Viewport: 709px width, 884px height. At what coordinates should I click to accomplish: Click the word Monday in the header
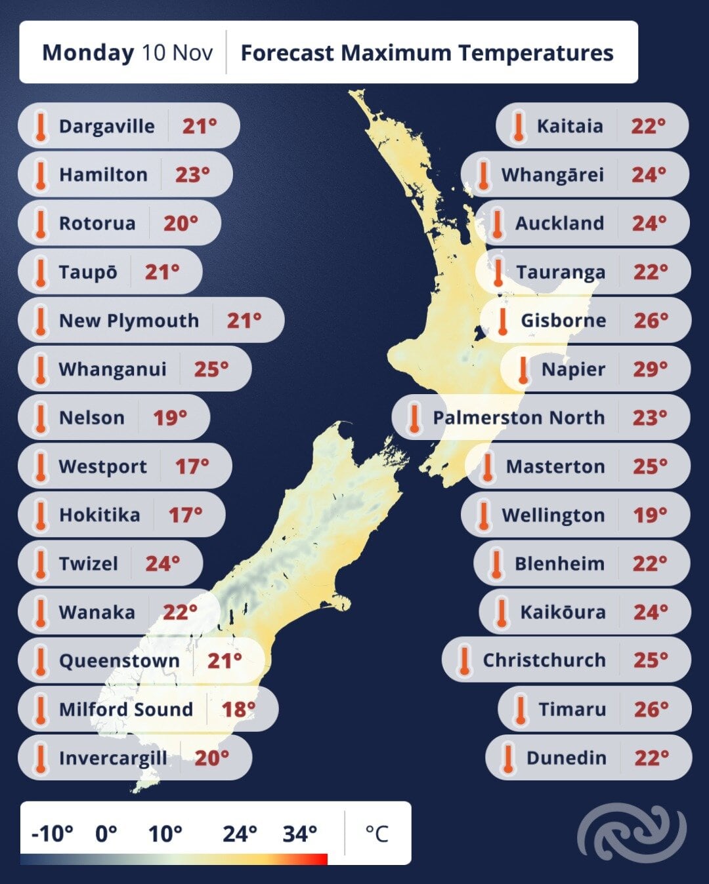[x=87, y=52]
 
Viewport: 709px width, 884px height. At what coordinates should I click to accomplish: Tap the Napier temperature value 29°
[x=650, y=369]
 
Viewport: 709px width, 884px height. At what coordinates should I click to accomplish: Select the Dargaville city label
[x=106, y=126]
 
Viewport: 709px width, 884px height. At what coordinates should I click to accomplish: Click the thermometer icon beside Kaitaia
[x=518, y=126]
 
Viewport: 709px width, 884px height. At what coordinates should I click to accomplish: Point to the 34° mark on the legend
[x=300, y=834]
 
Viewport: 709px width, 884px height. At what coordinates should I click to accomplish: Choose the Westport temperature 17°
[x=192, y=466]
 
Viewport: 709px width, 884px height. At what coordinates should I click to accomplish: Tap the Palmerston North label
[x=518, y=418]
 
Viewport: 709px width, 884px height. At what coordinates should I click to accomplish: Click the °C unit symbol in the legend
[x=377, y=834]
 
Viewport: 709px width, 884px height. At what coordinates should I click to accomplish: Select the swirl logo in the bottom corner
[x=632, y=833]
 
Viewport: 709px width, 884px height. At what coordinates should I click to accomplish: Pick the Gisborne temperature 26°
[x=651, y=321]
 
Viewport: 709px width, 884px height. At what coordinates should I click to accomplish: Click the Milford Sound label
[x=125, y=710]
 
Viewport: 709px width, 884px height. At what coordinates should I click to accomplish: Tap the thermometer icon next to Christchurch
[x=465, y=660]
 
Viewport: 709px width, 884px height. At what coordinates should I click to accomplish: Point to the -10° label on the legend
[x=52, y=834]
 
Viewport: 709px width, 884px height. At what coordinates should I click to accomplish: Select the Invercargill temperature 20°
[x=211, y=758]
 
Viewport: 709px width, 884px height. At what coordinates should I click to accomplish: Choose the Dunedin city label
[x=566, y=758]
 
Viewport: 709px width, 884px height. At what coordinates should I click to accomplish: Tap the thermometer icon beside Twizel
[x=41, y=563]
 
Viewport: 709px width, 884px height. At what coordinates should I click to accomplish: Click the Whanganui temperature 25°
[x=211, y=369]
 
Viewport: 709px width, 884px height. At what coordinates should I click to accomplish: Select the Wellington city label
[x=553, y=515]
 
